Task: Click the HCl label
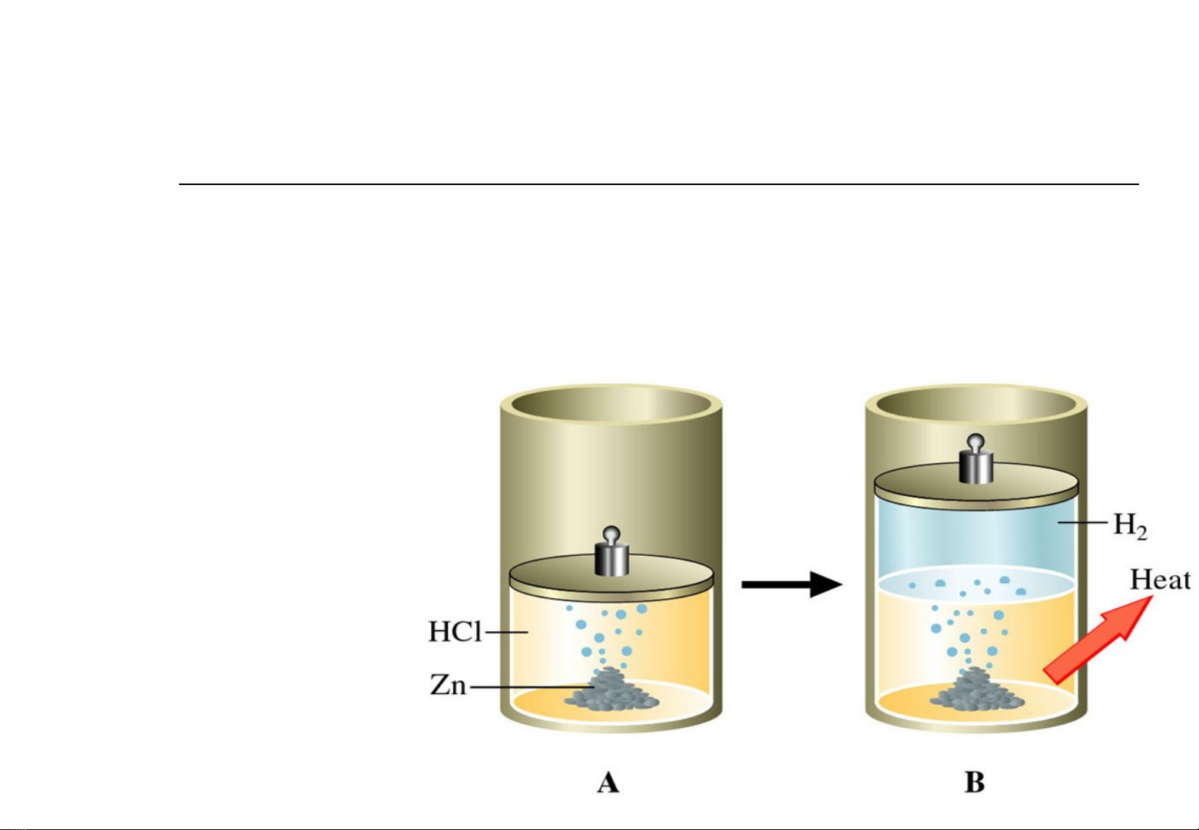pos(455,631)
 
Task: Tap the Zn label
pos(448,684)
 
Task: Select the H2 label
pos(1130,525)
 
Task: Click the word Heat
pos(1160,580)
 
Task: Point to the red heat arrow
pos(1098,640)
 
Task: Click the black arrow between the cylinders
pos(792,584)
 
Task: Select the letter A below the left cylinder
pos(608,783)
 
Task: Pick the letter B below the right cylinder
pos(974,782)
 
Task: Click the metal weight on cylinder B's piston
pos(975,459)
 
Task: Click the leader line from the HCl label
pos(506,632)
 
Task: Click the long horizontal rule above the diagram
pos(659,184)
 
